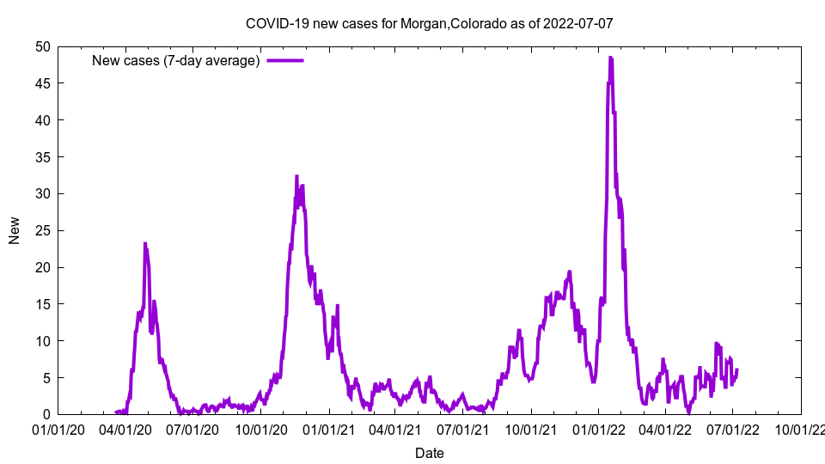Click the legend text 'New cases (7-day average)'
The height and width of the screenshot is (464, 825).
[176, 60]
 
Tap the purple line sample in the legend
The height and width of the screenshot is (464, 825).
[285, 60]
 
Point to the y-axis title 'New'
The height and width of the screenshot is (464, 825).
[15, 230]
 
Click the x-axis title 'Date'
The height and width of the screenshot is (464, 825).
[429, 453]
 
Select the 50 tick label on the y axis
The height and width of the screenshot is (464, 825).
[42, 46]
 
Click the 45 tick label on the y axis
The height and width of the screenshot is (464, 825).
[42, 83]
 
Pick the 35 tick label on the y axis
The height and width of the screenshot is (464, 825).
[42, 157]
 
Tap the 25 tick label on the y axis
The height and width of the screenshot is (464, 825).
[42, 230]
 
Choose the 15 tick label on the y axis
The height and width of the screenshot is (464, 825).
[42, 304]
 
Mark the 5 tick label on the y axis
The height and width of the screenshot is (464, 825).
[46, 378]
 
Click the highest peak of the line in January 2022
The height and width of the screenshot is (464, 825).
[610, 58]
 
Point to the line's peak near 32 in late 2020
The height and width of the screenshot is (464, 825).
[296, 176]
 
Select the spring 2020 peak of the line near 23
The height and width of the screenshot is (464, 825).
[145, 244]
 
